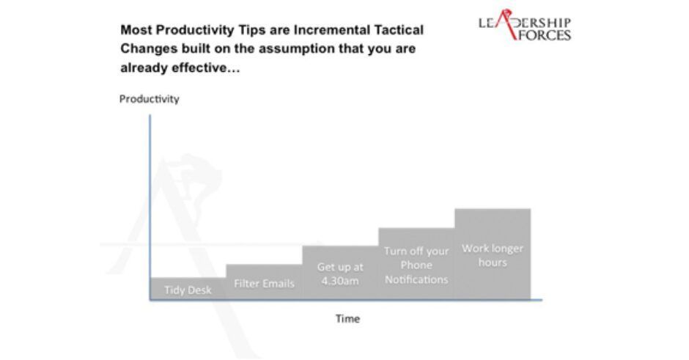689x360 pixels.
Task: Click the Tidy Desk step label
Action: tap(188, 290)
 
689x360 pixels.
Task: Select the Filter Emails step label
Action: tap(264, 284)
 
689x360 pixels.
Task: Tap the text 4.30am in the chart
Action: tap(339, 281)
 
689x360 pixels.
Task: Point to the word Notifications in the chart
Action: tap(416, 279)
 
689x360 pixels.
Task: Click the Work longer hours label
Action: tap(493, 255)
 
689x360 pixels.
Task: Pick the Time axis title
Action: tap(347, 319)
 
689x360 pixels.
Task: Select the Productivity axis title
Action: tap(150, 99)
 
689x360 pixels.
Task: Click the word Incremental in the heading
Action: tap(332, 30)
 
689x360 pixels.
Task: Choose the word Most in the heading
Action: tap(136, 30)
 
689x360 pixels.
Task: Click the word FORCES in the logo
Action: tap(544, 35)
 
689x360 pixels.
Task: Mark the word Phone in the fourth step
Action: tap(416, 265)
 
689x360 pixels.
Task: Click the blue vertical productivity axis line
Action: tap(150, 207)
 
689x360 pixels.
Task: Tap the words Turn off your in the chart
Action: tap(416, 251)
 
